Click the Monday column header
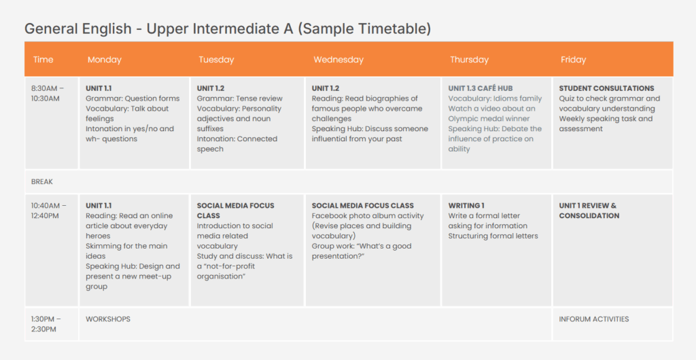[105, 60]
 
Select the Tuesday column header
[215, 60]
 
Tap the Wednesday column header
[338, 60]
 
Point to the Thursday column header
[469, 60]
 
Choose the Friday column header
[573, 60]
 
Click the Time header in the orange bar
[43, 60]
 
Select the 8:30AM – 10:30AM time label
[48, 93]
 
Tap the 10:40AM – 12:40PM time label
[49, 211]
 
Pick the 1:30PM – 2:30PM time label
[46, 324]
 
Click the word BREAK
[42, 182]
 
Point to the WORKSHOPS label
[108, 319]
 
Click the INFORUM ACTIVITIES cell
[594, 319]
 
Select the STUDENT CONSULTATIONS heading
[606, 88]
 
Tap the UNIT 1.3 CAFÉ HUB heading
[480, 88]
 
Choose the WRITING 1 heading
[466, 206]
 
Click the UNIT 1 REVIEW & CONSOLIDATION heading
[589, 211]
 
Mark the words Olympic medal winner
[489, 119]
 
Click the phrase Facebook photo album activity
[368, 216]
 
